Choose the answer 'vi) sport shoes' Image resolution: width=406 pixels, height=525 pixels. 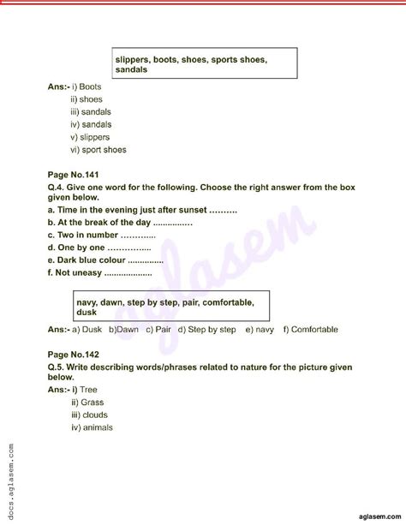pos(99,150)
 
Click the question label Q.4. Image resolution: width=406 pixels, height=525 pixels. pos(58,185)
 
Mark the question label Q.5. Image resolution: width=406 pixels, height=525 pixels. pos(58,365)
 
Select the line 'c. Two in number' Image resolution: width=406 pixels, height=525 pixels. pos(102,236)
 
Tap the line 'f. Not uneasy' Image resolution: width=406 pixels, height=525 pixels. pos(100,273)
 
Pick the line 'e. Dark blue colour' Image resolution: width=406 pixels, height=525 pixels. pos(106,260)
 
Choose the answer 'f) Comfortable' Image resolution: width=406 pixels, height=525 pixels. pos(310,329)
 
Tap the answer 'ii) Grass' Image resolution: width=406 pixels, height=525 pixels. pos(87,402)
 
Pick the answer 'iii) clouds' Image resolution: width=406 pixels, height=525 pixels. pos(91,415)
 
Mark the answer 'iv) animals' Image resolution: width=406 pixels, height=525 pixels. pos(93,427)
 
